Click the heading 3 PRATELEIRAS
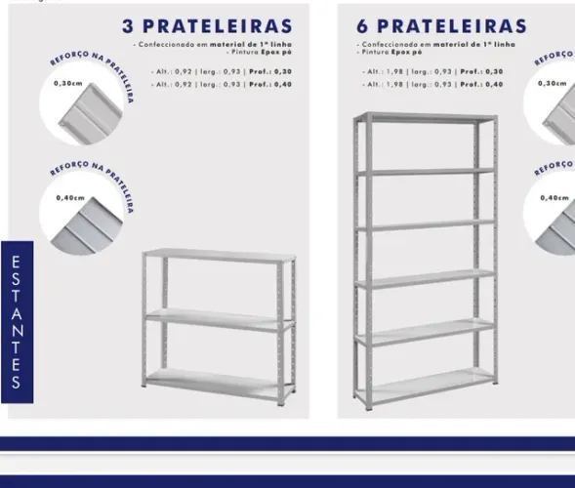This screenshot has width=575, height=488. [x=208, y=24]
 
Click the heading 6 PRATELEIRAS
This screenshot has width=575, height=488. [x=441, y=24]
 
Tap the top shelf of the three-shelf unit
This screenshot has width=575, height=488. [x=219, y=257]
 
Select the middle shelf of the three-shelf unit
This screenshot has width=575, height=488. [x=219, y=317]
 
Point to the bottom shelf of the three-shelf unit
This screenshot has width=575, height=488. [x=219, y=384]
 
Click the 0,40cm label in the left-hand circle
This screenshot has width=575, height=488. [x=67, y=198]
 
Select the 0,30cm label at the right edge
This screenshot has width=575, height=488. [x=553, y=83]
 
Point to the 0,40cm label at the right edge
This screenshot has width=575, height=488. [x=554, y=198]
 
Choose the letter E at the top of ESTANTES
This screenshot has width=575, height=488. [x=17, y=262]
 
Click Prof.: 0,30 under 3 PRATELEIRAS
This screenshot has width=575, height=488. [x=269, y=72]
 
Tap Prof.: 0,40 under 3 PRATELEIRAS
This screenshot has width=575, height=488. [x=269, y=85]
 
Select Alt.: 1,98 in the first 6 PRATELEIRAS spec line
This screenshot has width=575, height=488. [x=378, y=72]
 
